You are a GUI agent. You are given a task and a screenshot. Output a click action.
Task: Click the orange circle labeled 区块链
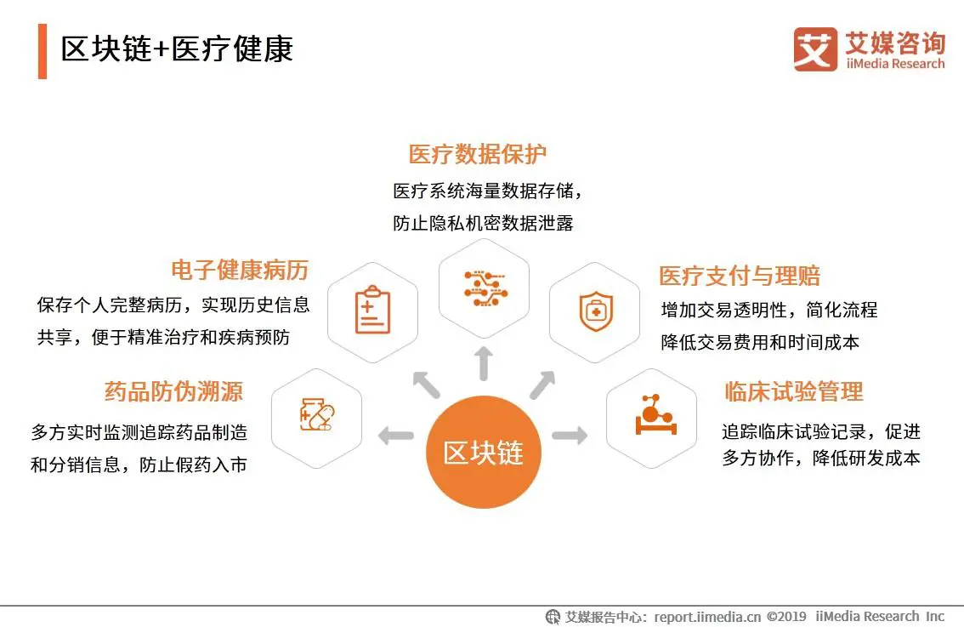[x=483, y=453]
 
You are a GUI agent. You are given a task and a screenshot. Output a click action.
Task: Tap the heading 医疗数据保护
[x=477, y=154]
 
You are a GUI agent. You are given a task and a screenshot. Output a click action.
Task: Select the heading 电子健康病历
[x=240, y=271]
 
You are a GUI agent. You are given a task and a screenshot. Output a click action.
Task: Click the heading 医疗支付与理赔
[x=740, y=276]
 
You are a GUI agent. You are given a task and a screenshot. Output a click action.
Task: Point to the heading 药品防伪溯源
[x=174, y=391]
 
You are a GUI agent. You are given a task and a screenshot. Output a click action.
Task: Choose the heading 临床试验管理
[x=794, y=391]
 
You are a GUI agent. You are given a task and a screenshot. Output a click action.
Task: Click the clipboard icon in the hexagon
[x=372, y=310]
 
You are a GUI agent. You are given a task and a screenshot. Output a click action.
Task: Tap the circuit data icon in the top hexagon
[x=485, y=288]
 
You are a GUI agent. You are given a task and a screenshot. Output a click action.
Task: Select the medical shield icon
[x=596, y=311]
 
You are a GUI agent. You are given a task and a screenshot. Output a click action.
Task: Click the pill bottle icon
[x=316, y=414]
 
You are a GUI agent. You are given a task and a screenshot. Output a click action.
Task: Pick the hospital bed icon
[x=655, y=414]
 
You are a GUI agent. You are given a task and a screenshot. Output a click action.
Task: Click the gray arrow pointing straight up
[x=484, y=363]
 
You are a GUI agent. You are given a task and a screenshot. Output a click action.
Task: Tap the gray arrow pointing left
[x=396, y=436]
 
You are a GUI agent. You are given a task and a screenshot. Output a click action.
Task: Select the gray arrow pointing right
[x=570, y=435]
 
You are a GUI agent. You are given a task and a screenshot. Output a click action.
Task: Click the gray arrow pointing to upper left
[x=427, y=385]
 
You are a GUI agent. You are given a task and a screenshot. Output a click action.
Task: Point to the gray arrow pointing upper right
[x=542, y=385]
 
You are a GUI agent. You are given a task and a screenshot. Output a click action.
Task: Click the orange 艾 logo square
[x=815, y=49]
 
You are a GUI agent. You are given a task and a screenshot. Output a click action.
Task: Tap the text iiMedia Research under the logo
[x=895, y=64]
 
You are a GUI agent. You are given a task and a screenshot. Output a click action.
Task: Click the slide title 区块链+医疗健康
[x=177, y=49]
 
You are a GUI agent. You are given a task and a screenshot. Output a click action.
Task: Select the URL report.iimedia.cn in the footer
[x=707, y=617]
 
